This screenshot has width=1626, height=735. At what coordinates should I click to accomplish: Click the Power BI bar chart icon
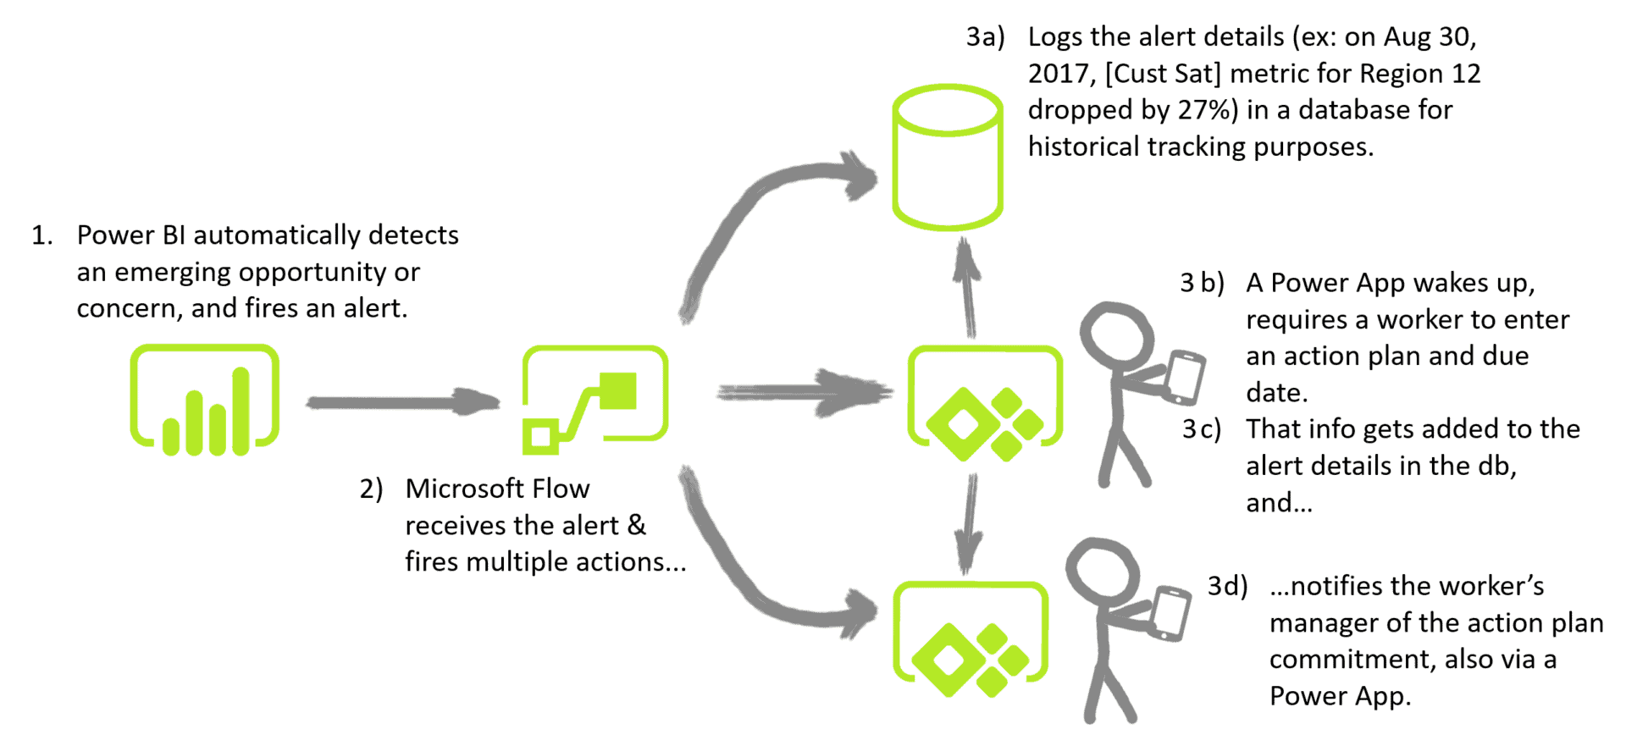pyautogui.click(x=204, y=399)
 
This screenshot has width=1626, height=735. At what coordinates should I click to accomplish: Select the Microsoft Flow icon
pyautogui.click(x=595, y=396)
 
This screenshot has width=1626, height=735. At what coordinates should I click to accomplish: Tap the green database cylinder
pyautogui.click(x=947, y=158)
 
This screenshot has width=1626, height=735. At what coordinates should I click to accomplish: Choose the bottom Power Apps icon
pyautogui.click(x=971, y=637)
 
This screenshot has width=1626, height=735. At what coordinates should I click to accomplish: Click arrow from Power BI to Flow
pyautogui.click(x=401, y=401)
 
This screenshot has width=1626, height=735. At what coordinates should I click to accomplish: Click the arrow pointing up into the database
pyautogui.click(x=966, y=288)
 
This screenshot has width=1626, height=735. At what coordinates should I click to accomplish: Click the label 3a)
pyautogui.click(x=985, y=37)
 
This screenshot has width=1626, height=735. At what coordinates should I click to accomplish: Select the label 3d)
pyautogui.click(x=1226, y=586)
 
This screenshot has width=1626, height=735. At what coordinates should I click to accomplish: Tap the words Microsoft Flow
pyautogui.click(x=497, y=489)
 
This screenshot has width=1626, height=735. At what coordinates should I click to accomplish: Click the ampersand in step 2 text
pyautogui.click(x=636, y=525)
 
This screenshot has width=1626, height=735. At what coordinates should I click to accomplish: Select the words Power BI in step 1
pyautogui.click(x=130, y=235)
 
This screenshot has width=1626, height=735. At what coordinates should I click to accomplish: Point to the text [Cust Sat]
pyautogui.click(x=1162, y=74)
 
